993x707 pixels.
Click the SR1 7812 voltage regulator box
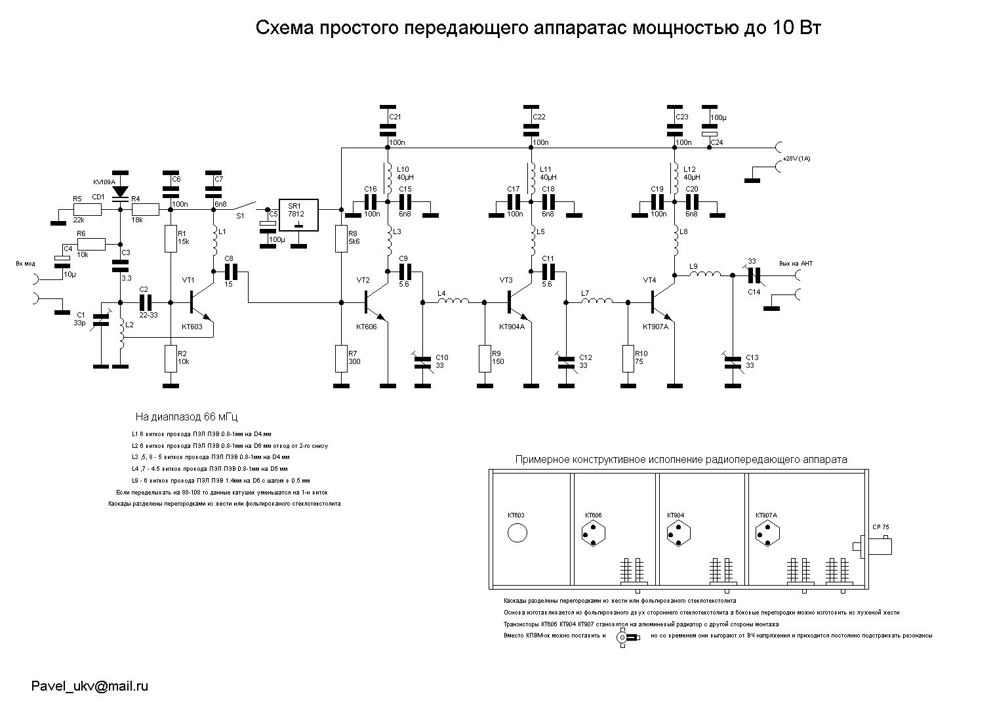click(298, 214)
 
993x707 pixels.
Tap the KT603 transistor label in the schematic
click(192, 326)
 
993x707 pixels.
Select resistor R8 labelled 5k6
click(341, 239)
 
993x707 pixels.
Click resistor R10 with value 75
click(628, 357)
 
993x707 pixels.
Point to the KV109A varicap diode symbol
click(120, 192)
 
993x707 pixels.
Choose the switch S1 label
click(240, 215)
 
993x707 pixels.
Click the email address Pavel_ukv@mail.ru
click(90, 686)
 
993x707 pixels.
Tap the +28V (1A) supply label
click(797, 159)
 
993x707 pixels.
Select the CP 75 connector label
click(881, 527)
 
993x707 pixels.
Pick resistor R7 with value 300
click(341, 357)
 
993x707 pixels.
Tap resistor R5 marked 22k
click(88, 210)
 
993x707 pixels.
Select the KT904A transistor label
click(512, 327)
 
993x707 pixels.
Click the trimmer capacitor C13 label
click(752, 357)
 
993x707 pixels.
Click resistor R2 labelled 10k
click(171, 357)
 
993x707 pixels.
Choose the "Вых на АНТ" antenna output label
click(796, 263)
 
